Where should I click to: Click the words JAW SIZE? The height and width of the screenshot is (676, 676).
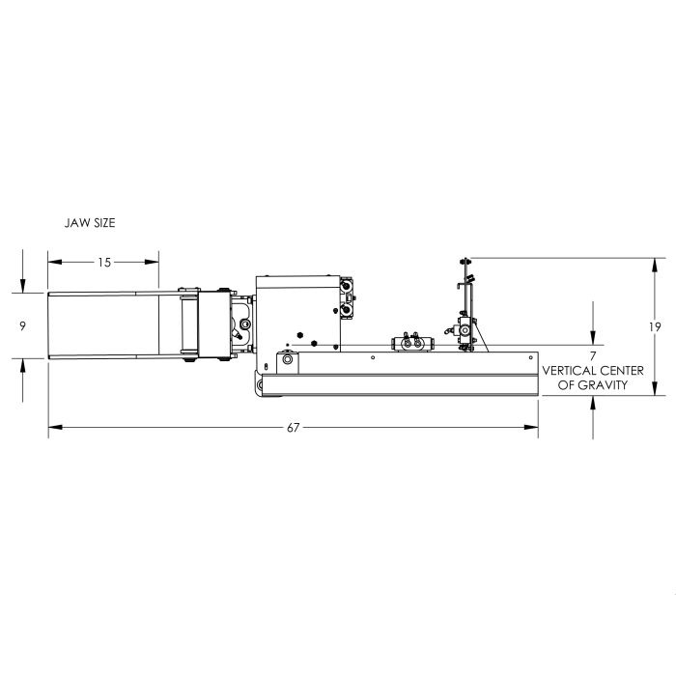(x=90, y=223)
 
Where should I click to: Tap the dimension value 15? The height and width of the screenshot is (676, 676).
(x=104, y=262)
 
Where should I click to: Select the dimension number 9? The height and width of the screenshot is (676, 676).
(x=23, y=326)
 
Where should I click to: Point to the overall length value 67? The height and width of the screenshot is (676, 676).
(x=294, y=427)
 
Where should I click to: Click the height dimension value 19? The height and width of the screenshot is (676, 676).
(x=655, y=326)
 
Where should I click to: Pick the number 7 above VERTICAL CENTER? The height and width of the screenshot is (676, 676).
(x=593, y=356)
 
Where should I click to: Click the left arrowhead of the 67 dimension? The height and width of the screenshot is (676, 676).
(x=55, y=427)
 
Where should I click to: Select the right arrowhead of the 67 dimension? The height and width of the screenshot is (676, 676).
(x=531, y=427)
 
